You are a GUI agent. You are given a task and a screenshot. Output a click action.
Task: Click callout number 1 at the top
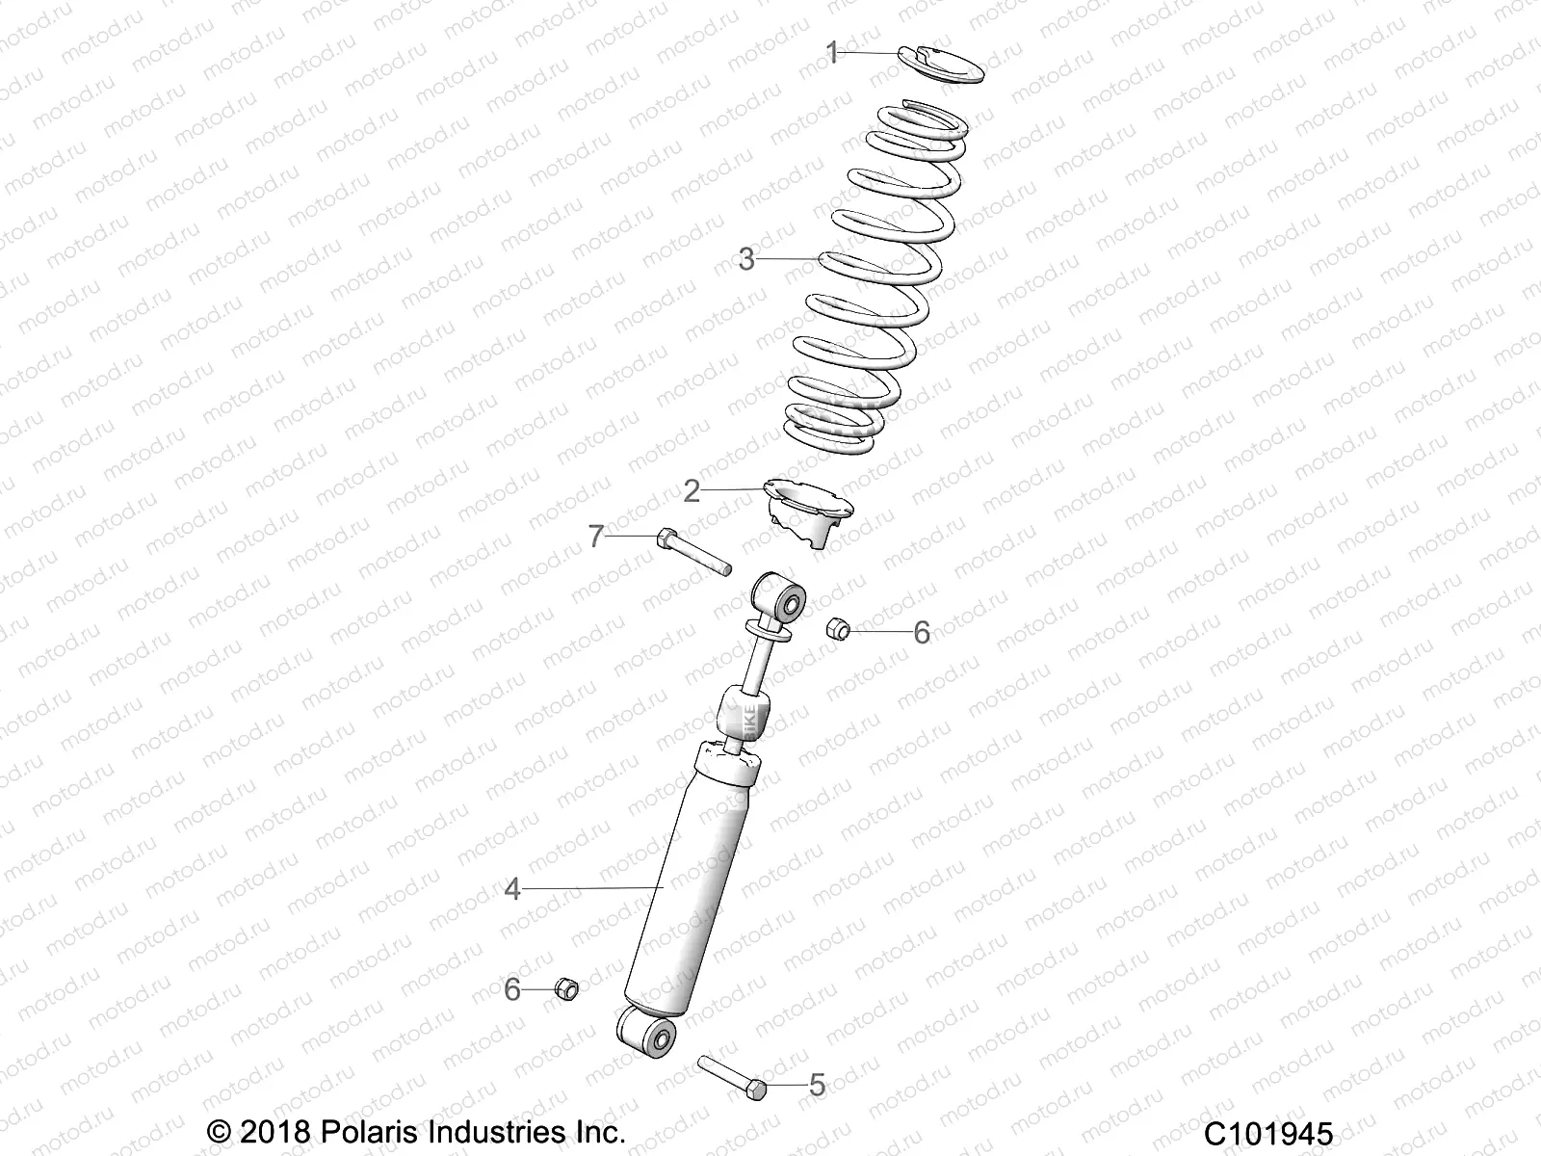833,53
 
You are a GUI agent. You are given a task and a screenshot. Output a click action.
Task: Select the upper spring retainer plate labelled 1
940,67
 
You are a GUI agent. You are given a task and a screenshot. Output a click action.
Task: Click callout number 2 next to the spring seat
692,491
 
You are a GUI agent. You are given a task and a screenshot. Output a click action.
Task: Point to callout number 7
596,536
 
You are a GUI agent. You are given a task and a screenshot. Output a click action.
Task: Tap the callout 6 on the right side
922,633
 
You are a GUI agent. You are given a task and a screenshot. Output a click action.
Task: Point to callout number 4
512,889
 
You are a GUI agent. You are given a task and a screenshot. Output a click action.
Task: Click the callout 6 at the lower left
512,989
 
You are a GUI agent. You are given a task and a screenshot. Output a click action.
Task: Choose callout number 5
817,1086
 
